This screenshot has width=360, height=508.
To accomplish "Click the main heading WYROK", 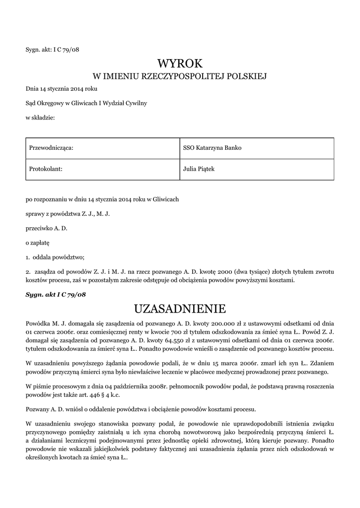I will pos(180,63).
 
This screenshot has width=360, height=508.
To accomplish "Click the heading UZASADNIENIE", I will pos(180,309).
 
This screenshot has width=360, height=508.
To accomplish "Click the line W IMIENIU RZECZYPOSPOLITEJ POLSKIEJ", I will pos(180,76).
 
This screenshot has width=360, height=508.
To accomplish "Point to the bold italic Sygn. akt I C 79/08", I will pos(56,294).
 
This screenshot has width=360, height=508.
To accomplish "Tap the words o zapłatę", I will pos(38,243).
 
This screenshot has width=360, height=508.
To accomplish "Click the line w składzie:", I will pos(40,117).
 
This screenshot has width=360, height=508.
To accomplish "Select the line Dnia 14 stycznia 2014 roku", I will pos(62,88).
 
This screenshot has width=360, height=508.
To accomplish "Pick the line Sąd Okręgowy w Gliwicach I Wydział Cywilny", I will pos(86,103).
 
